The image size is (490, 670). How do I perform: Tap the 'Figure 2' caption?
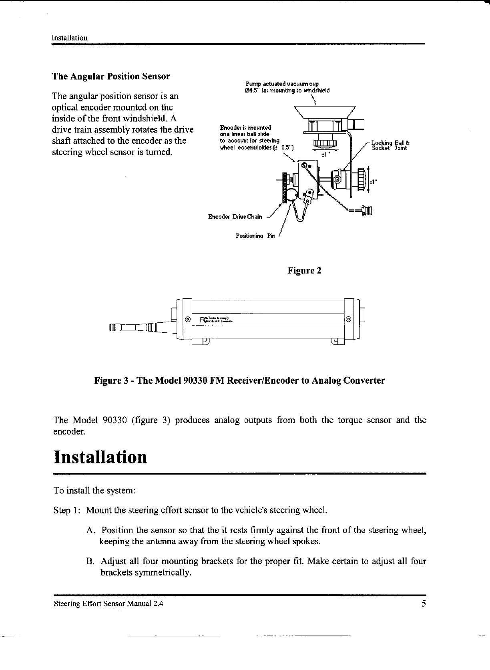(x=305, y=271)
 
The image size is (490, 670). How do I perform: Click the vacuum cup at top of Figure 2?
(x=325, y=112)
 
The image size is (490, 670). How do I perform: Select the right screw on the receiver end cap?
(x=348, y=320)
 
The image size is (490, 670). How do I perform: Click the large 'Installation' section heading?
(x=100, y=457)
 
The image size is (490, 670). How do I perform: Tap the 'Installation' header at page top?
(x=70, y=38)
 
